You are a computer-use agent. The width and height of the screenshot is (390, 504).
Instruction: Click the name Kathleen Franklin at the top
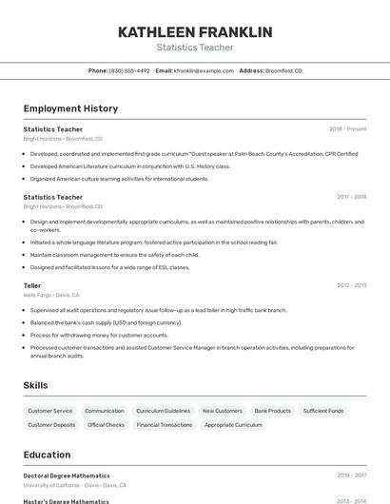coord(195,31)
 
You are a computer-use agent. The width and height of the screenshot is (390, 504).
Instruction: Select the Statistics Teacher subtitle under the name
coord(195,48)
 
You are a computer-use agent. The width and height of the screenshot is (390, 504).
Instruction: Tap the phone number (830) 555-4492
coord(129,70)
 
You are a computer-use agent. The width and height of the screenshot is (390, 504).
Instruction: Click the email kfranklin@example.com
coord(203,70)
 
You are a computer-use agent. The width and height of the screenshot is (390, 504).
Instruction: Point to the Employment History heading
coord(70,108)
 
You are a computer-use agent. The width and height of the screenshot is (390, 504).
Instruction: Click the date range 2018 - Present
coord(347,129)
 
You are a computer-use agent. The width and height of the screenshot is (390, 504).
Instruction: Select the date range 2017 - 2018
coord(351,197)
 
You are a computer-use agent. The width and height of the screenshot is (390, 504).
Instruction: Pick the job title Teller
coord(32,285)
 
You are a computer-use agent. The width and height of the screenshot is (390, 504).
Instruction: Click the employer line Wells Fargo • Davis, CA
coord(51,295)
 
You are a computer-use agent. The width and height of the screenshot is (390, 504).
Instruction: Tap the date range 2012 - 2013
coord(351,285)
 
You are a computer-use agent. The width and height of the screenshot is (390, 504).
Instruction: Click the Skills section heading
coord(35,385)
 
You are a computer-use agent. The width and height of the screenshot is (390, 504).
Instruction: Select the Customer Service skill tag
coord(50,411)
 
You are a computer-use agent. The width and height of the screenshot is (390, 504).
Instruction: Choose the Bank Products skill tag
coord(273,411)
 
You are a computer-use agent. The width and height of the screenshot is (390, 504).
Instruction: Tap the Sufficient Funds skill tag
coord(323,411)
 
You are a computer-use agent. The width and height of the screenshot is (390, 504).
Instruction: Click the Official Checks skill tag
coord(106,425)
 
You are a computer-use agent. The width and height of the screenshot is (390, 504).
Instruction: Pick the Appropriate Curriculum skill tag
coord(233,425)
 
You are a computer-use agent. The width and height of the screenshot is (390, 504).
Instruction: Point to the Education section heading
coord(47,455)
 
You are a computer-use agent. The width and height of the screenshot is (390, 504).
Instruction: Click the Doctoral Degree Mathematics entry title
coord(67,475)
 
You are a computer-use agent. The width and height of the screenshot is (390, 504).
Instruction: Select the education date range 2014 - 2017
coord(351,475)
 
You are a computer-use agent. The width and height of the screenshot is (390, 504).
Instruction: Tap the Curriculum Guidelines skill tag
coord(163,411)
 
